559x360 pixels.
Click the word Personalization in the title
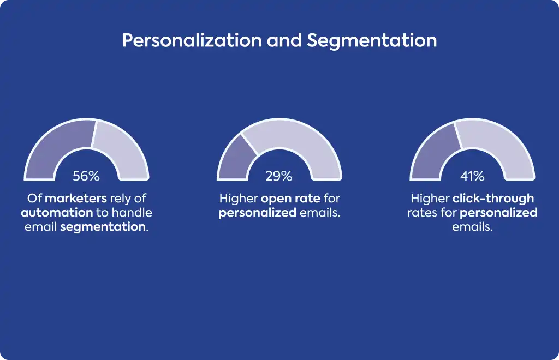point(192,40)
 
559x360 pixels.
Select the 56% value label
point(86,176)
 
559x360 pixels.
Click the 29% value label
point(279,176)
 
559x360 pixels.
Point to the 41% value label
point(472,176)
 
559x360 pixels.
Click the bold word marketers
point(76,199)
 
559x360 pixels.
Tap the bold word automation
point(57,213)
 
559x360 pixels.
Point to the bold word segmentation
point(103,227)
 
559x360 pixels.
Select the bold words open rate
point(290,199)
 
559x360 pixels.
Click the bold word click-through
point(493,199)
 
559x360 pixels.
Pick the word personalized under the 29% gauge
point(258,213)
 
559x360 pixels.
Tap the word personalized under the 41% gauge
point(498,213)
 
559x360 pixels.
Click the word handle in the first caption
point(132,213)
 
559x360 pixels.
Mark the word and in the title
point(284,40)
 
